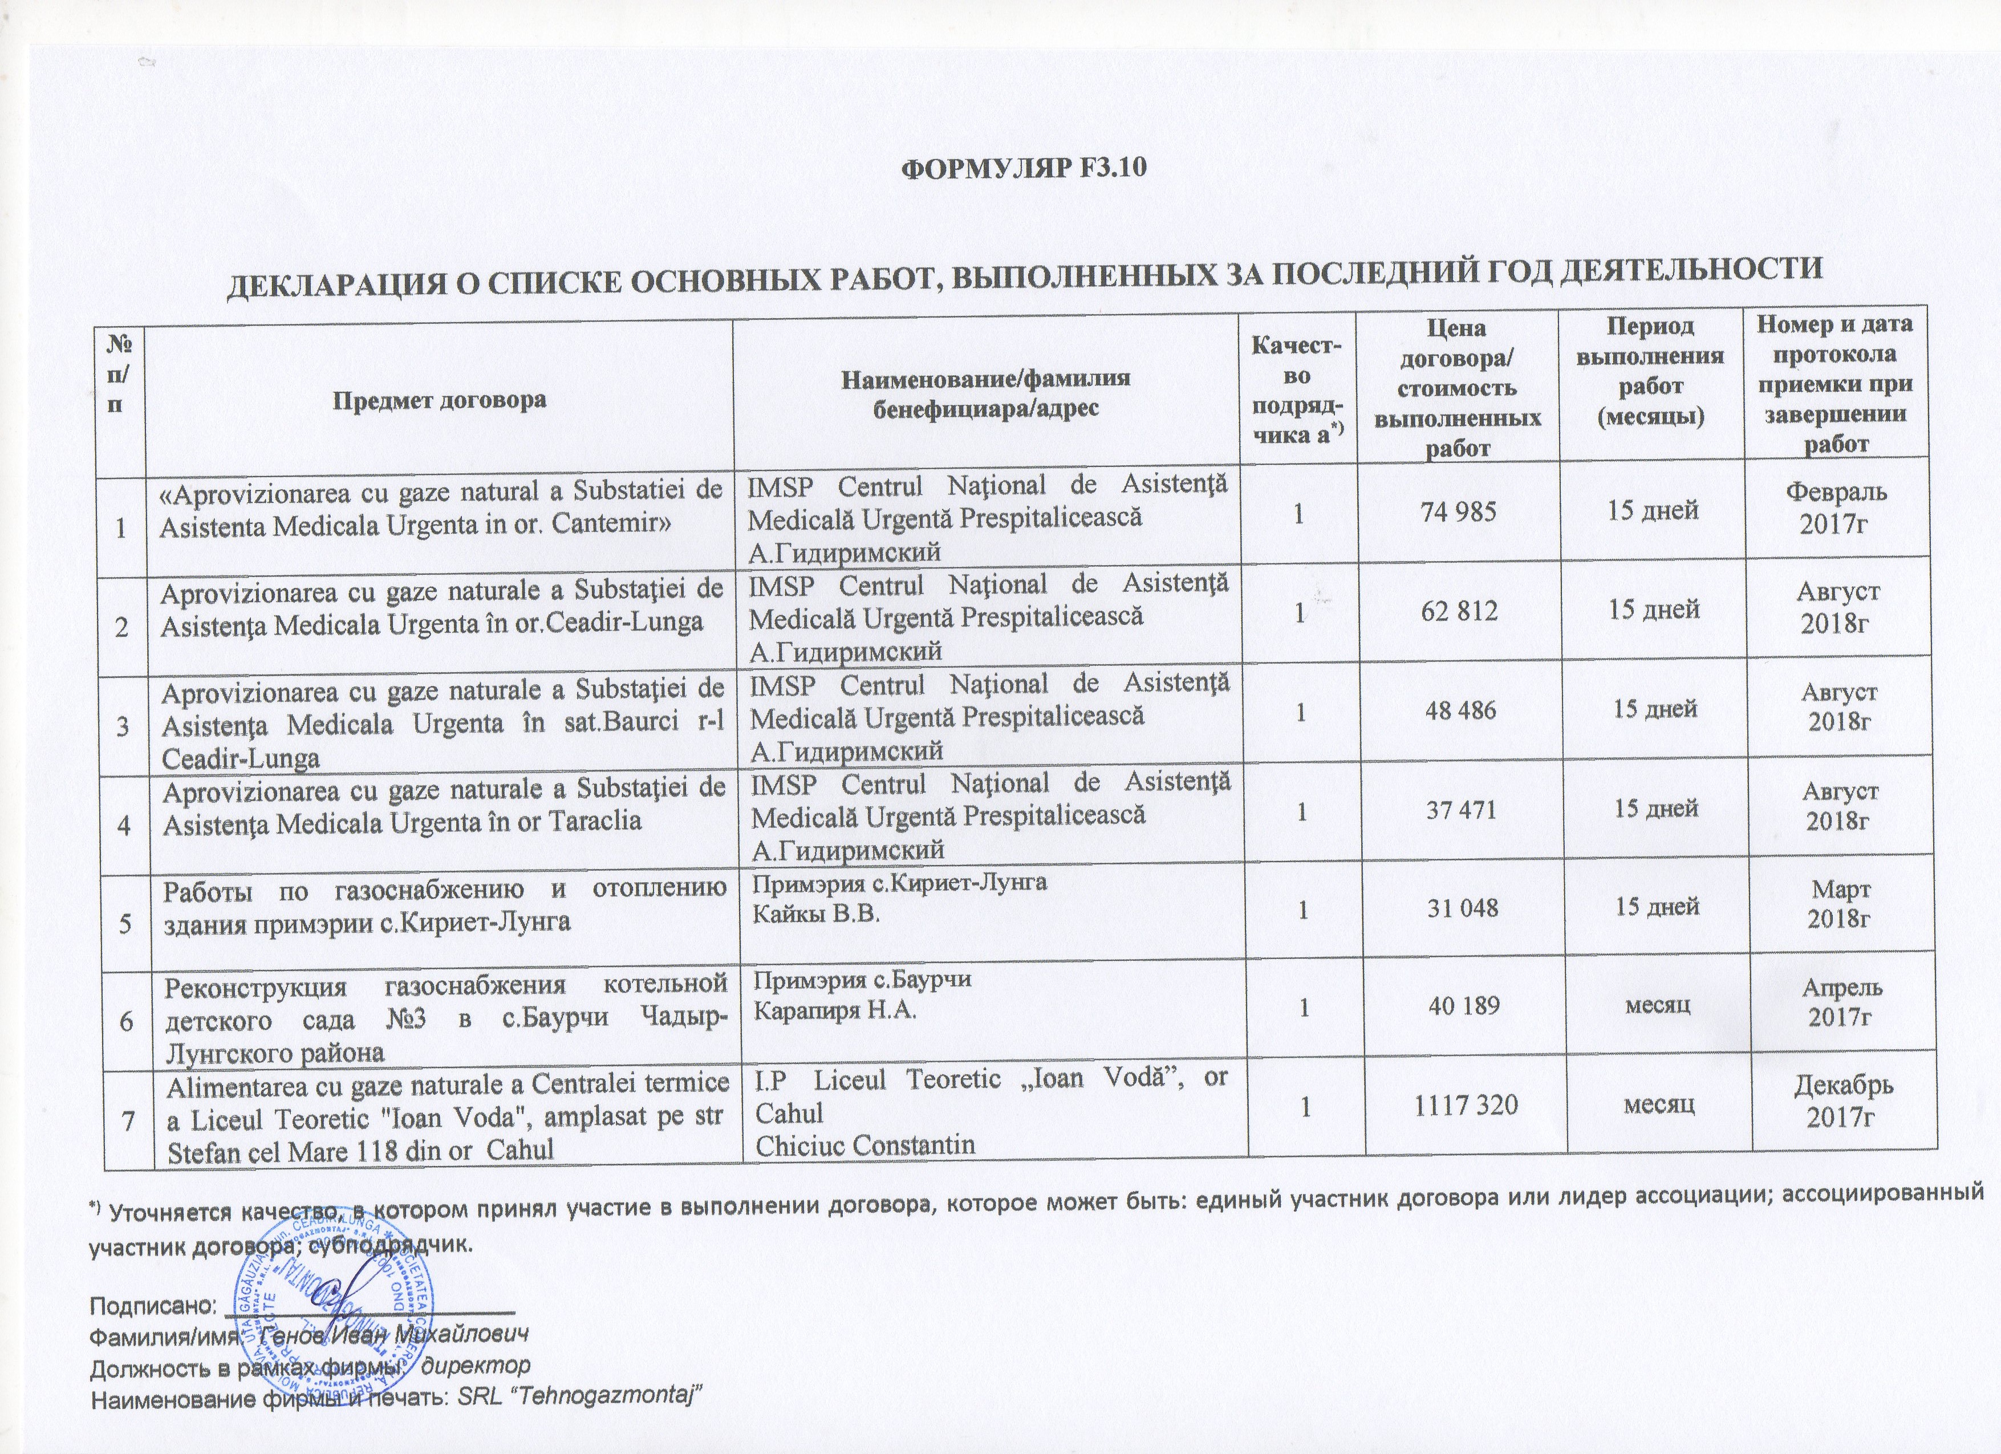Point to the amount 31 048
[1462, 907]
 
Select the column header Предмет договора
[439, 400]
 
